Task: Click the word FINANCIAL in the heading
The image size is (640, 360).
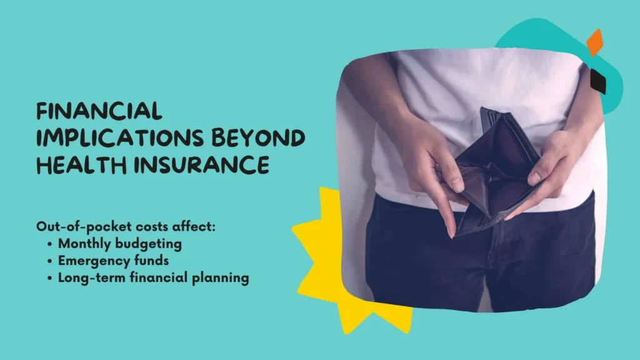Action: click(x=99, y=112)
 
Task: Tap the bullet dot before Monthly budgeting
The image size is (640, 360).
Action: click(x=50, y=244)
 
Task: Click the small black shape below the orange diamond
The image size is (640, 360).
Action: click(x=598, y=81)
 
